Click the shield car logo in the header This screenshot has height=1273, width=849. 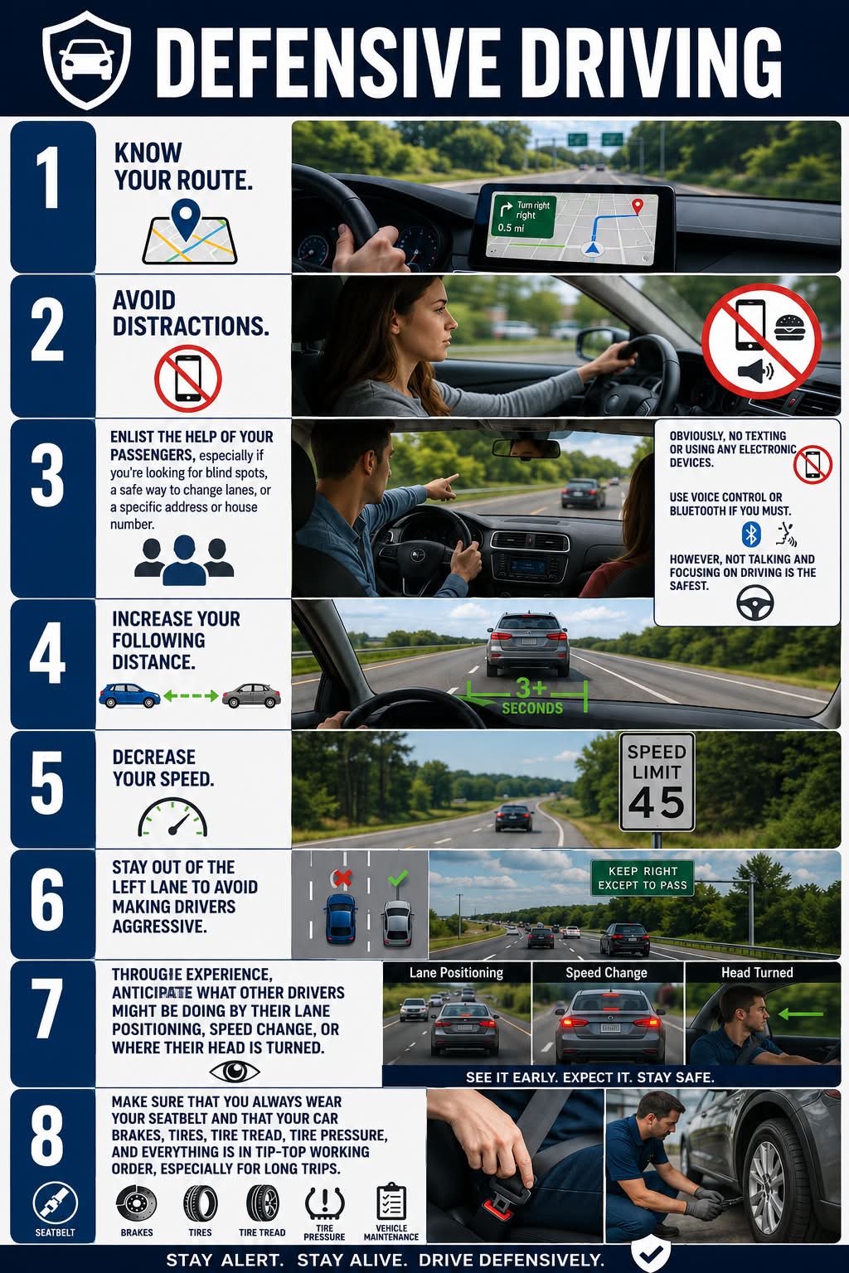pyautogui.click(x=86, y=60)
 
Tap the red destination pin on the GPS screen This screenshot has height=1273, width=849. pyautogui.click(x=638, y=206)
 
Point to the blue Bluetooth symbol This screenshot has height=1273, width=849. pyautogui.click(x=751, y=535)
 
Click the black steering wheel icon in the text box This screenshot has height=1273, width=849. pyautogui.click(x=754, y=603)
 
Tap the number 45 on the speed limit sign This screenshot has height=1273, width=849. pyautogui.click(x=657, y=802)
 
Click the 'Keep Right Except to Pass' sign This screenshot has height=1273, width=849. pyautogui.click(x=642, y=878)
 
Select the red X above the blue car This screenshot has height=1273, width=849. pyautogui.click(x=342, y=878)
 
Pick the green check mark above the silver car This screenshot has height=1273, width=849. pyautogui.click(x=397, y=878)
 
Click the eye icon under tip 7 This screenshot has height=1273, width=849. pyautogui.click(x=235, y=1072)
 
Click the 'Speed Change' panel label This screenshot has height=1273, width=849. pyautogui.click(x=606, y=973)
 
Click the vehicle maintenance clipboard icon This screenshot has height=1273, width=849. pyautogui.click(x=391, y=1202)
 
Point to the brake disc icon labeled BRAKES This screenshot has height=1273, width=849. pyautogui.click(x=137, y=1203)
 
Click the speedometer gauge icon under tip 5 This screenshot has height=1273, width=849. pyautogui.click(x=172, y=816)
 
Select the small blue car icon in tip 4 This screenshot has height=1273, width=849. pyautogui.click(x=129, y=695)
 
